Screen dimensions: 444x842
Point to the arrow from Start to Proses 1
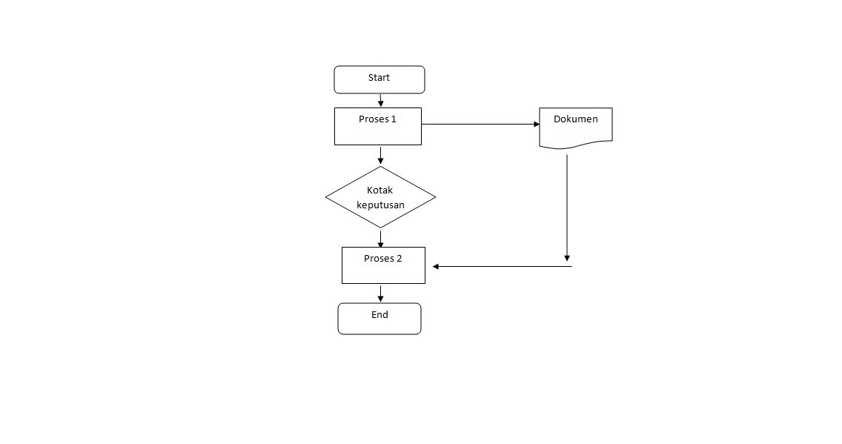point(380,100)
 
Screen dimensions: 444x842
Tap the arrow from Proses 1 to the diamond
point(380,155)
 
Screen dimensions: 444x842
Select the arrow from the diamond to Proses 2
point(381,239)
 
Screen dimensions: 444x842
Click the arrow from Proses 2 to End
point(380,293)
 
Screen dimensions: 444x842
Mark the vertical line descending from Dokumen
point(567,208)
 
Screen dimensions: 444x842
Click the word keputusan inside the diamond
point(380,205)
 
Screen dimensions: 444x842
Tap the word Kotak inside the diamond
point(380,190)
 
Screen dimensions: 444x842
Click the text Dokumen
point(576,119)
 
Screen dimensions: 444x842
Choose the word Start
point(379,78)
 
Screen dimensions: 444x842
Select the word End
point(379,315)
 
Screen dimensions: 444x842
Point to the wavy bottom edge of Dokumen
point(576,146)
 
